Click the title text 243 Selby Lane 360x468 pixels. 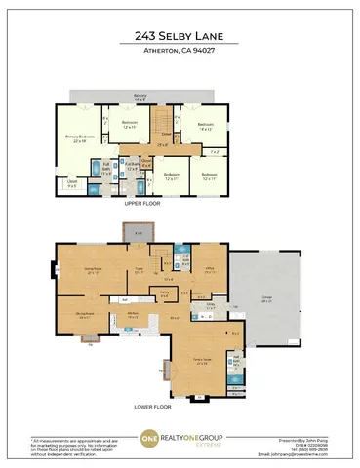[180, 37]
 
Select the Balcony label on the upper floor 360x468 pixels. [140, 96]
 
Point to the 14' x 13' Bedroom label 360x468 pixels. [205, 127]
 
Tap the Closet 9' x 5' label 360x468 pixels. [72, 181]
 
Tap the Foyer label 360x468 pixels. [140, 271]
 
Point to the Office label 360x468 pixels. [209, 271]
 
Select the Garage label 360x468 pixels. [266, 300]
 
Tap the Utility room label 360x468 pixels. [211, 307]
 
